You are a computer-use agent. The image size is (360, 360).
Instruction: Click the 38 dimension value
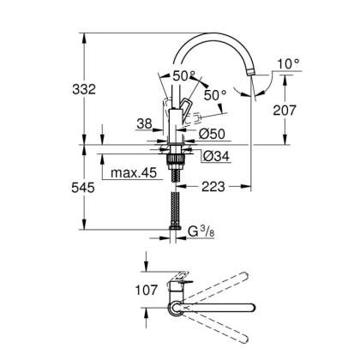145,123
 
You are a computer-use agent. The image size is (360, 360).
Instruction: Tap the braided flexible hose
177,201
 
